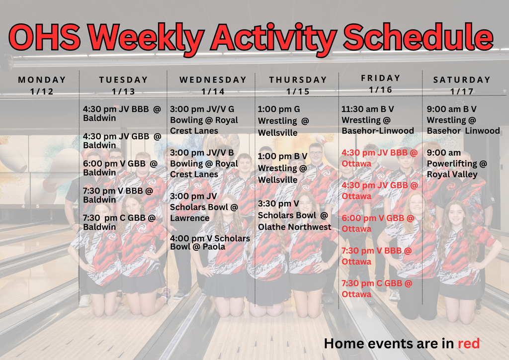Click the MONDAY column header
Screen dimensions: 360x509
click(42, 80)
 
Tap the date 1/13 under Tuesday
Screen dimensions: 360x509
click(123, 91)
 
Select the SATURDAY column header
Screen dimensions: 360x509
click(462, 80)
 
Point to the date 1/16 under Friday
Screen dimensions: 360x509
click(380, 90)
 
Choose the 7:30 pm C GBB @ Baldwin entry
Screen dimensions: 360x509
click(119, 222)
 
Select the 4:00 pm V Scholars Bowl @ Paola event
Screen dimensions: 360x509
click(210, 242)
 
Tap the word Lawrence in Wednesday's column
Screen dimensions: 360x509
click(190, 218)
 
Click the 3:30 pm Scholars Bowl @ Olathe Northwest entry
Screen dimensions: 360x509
click(294, 215)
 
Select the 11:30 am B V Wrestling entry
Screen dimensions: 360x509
click(377, 120)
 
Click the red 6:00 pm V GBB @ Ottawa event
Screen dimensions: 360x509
click(378, 223)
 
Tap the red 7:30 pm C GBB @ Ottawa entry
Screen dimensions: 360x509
click(377, 288)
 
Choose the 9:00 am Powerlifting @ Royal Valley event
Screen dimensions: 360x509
click(457, 164)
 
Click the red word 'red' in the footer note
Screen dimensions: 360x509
click(469, 343)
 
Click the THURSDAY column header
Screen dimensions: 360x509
click(298, 80)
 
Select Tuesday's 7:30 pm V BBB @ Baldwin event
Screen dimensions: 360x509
click(118, 195)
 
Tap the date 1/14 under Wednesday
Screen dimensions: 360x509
click(213, 91)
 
